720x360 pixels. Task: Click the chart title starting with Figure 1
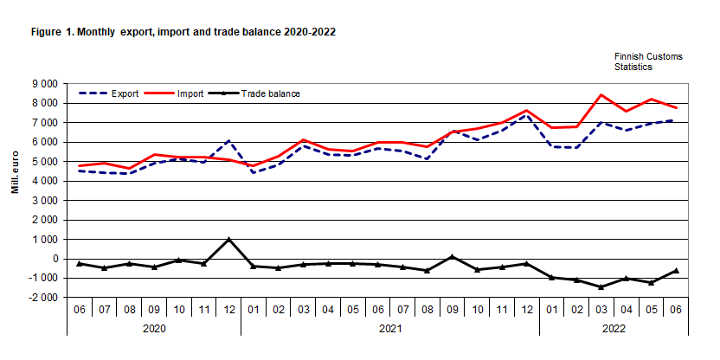[x=183, y=31]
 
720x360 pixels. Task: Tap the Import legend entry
[x=186, y=93]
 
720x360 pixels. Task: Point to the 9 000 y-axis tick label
[x=43, y=84]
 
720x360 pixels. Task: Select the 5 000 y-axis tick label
[x=43, y=162]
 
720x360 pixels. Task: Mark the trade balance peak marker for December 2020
[x=228, y=239]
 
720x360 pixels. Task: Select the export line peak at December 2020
[x=228, y=140]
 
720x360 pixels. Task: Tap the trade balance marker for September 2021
[x=452, y=256]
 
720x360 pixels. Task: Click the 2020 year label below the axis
[x=154, y=329]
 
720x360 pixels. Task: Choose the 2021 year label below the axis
[x=389, y=329]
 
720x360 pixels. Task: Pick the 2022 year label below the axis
[x=613, y=329]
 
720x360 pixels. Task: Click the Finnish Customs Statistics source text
[x=648, y=61]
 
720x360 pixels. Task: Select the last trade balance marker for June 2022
[x=675, y=270]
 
